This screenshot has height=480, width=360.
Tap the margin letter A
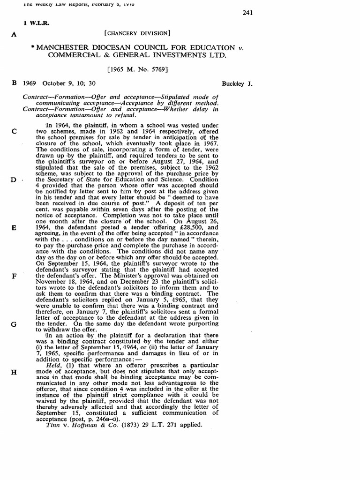tap(15, 33)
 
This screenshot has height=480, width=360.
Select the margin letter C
tap(15, 131)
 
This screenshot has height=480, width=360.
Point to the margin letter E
tap(15, 228)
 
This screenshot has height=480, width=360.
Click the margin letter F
tap(15, 276)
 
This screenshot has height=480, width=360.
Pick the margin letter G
tap(15, 324)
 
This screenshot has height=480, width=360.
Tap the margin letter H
tap(15, 372)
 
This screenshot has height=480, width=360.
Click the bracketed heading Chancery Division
tap(137, 33)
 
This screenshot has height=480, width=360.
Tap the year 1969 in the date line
tap(31, 83)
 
